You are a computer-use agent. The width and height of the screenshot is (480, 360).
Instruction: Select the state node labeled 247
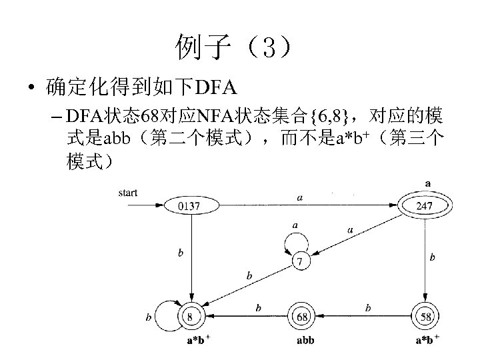pyautogui.click(x=424, y=206)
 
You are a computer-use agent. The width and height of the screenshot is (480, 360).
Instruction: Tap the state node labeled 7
pyautogui.click(x=301, y=261)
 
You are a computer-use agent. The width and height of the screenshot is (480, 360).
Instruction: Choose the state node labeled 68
pyautogui.click(x=303, y=316)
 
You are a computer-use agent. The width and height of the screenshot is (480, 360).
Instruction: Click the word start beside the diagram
pyautogui.click(x=127, y=193)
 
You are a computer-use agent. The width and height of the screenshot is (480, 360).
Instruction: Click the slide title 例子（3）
pyautogui.click(x=233, y=47)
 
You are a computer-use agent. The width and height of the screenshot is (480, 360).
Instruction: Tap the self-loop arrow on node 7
pyautogui.click(x=295, y=237)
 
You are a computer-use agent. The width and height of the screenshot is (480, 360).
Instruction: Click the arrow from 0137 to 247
pyautogui.click(x=300, y=205)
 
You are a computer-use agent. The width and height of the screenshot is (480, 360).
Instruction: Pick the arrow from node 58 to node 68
pyautogui.click(x=364, y=316)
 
